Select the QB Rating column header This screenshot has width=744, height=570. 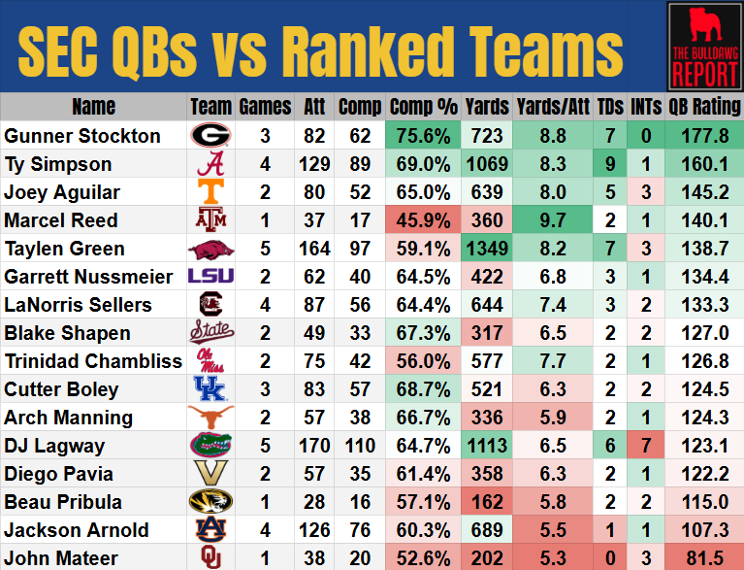704,107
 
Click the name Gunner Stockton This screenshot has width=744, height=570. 82,136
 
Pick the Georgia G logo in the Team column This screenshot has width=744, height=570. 210,136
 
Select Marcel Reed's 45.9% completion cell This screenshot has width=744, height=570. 423,220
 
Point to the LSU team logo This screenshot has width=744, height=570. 210,277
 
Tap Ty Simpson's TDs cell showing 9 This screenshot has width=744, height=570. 609,164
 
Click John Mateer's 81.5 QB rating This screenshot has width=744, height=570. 704,558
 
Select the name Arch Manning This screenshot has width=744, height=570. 68,418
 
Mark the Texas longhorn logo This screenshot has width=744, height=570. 210,418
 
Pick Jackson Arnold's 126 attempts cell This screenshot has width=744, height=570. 311,530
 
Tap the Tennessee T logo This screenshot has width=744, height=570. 210,192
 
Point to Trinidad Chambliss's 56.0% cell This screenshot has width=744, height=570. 423,361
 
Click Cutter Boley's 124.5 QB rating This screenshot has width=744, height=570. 704,389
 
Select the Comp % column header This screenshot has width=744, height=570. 423,107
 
